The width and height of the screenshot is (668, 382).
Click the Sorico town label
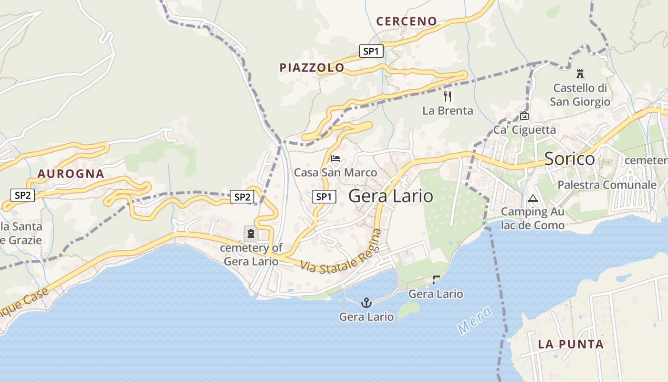pos(569,159)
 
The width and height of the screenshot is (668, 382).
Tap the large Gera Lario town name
pos(391,196)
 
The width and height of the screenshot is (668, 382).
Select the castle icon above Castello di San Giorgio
pos(580,74)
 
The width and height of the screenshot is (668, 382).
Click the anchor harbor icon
pos(366,302)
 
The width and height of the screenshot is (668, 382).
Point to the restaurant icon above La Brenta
pos(448,96)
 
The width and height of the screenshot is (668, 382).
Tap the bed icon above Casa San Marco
pos(335,159)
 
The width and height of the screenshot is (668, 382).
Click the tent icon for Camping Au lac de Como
pos(533,198)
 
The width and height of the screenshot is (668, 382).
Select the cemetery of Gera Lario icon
pos(250,233)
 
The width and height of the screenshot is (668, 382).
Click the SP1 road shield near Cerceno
pos(371,51)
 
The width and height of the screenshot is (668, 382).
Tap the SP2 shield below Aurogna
pos(23,195)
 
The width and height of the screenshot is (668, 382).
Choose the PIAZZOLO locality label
pos(312,68)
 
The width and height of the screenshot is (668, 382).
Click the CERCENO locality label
pos(406,21)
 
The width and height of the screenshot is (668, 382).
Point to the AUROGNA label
pos(71,174)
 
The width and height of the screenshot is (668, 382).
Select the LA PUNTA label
pos(571,344)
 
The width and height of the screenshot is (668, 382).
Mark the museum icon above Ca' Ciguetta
pos(524,116)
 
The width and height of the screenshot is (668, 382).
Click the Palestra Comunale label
pos(607,185)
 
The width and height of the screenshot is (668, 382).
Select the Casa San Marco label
pos(335,172)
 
